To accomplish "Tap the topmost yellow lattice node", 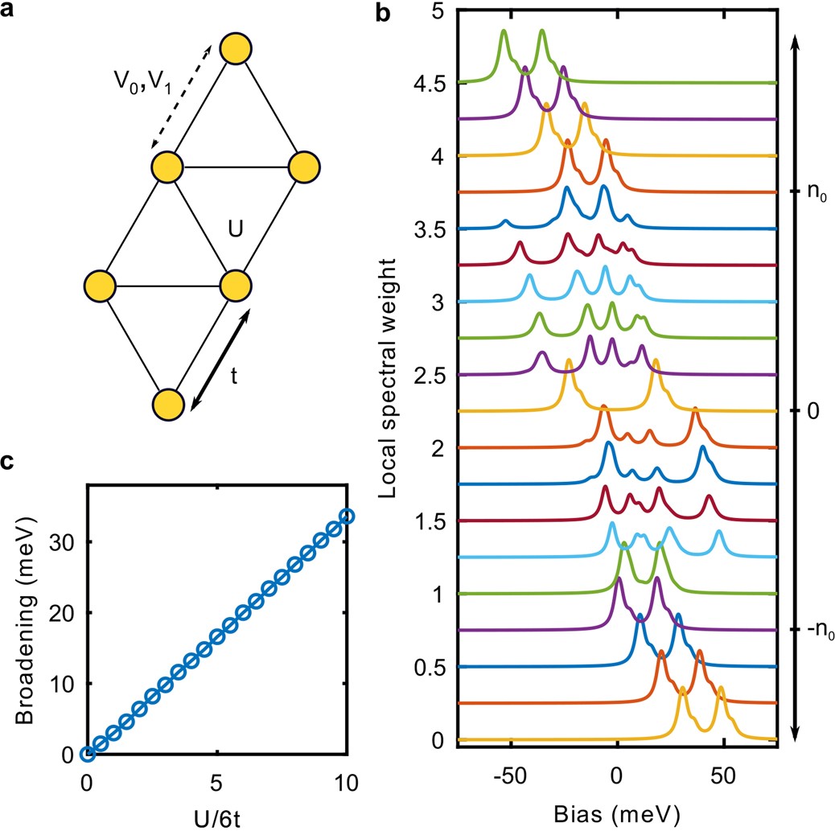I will tap(237, 49).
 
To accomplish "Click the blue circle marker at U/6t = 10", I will tap(347, 516).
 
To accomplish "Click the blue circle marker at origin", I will tap(88, 754).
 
